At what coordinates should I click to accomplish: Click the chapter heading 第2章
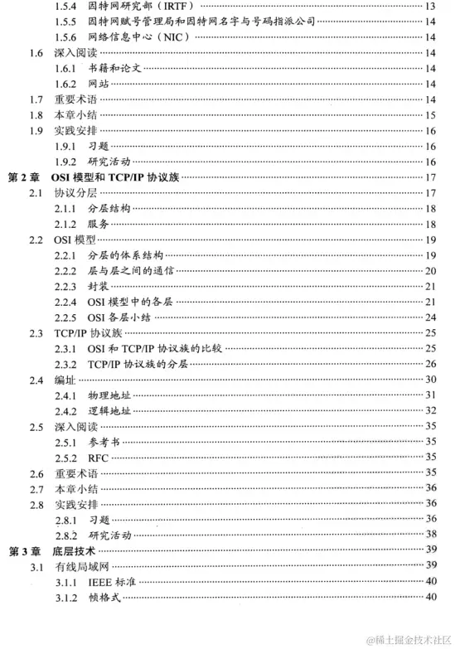point(22,177)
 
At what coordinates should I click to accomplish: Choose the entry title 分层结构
point(109,209)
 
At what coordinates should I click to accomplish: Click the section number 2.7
point(36,489)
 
